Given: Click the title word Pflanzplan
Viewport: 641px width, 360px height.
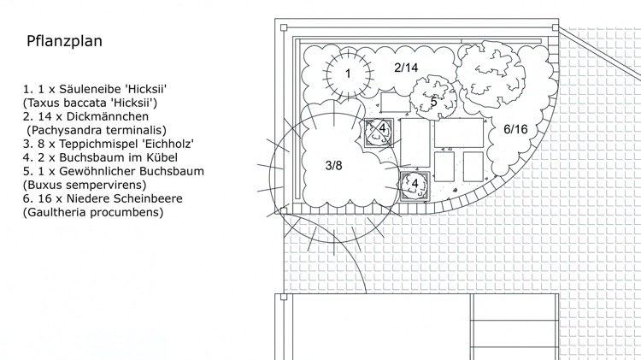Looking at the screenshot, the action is (x=64, y=41).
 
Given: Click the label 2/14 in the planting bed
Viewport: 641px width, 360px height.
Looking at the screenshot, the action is (x=406, y=68).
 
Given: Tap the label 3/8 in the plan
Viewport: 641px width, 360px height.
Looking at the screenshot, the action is (x=333, y=166).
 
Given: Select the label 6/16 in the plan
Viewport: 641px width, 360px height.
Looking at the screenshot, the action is (x=515, y=129).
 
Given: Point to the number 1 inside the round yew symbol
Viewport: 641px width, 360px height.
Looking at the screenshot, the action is (x=348, y=74).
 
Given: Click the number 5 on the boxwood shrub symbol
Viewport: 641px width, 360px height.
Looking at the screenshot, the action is (x=433, y=102).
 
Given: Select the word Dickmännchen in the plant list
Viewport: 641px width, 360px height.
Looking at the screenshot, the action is (x=108, y=116).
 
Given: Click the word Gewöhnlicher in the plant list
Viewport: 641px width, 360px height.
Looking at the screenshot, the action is (x=97, y=171).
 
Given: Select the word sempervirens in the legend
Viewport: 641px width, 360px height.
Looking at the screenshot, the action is (x=109, y=185).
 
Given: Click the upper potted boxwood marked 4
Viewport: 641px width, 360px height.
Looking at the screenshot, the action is (x=379, y=133).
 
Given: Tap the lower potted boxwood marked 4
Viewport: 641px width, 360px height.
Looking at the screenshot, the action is (x=415, y=186).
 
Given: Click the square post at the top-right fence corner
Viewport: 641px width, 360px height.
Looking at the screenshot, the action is (x=556, y=27).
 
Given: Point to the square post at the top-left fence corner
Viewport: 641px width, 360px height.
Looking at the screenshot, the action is (x=284, y=28).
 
